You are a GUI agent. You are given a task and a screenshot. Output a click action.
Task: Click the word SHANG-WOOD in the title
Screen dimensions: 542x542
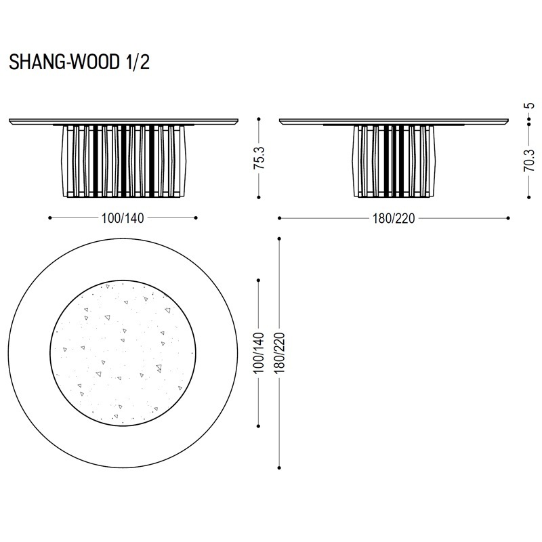click(x=64, y=62)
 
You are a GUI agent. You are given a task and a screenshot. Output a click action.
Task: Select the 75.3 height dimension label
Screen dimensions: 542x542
click(x=259, y=158)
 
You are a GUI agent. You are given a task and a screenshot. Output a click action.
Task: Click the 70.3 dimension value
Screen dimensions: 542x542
click(x=529, y=161)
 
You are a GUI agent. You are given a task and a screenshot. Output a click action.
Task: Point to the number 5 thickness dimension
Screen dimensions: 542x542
click(x=529, y=106)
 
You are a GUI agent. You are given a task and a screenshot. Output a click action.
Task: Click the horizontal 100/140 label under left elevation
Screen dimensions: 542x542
click(x=123, y=218)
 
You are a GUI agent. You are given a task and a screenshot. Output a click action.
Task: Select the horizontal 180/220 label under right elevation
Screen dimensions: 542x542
click(x=394, y=218)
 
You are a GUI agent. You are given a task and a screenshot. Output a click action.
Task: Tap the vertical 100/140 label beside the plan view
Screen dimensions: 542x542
click(x=259, y=353)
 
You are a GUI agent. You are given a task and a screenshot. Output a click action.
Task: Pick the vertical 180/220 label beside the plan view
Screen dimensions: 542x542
click(x=279, y=353)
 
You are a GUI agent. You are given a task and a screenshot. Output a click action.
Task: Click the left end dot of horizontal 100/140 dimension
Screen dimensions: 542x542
click(x=50, y=217)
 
